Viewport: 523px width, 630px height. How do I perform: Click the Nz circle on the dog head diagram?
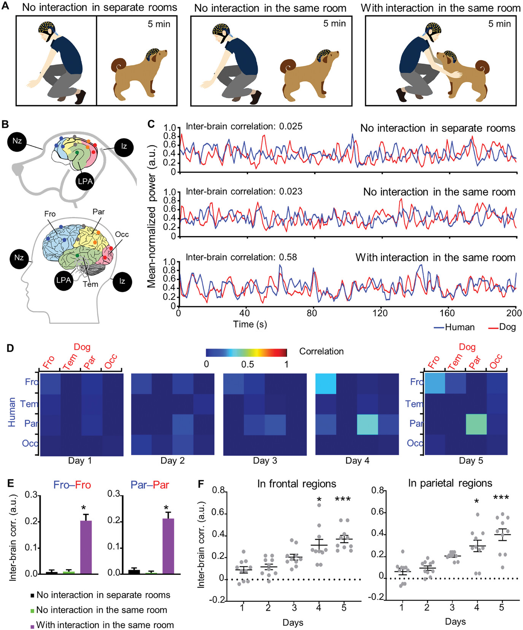(17, 141)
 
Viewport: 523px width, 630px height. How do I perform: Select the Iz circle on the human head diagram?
(122, 281)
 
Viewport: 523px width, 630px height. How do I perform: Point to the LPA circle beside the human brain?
(64, 280)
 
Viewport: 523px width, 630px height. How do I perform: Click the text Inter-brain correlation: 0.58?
(241, 257)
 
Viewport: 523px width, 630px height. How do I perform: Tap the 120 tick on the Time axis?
(380, 313)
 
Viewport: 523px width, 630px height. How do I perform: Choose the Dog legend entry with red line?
(502, 327)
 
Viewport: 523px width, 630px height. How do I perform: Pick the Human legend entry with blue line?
(455, 327)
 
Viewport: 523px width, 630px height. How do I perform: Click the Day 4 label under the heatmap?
(357, 461)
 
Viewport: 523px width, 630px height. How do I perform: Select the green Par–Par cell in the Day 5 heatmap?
(476, 424)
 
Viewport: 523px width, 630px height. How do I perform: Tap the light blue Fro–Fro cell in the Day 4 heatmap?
(326, 384)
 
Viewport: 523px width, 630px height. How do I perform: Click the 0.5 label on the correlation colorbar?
(248, 364)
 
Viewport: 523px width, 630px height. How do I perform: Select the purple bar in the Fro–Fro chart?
(86, 547)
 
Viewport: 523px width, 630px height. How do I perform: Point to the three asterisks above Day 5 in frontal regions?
(343, 499)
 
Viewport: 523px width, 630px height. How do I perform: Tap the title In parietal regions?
(450, 483)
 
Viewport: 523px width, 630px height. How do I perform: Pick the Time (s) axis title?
(250, 324)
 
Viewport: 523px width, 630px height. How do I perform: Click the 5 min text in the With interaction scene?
(499, 24)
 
